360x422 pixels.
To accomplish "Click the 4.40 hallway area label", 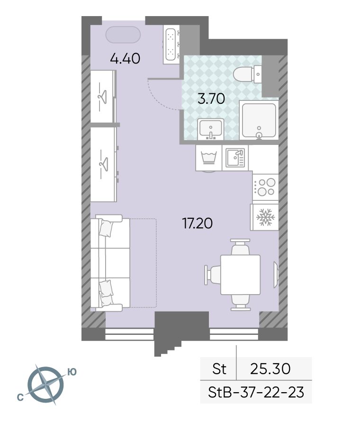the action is pos(125,58).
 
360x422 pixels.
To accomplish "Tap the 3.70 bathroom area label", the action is pos(211,99).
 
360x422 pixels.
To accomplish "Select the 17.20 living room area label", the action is pos(198,223).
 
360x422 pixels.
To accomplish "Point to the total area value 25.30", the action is pos(270,368).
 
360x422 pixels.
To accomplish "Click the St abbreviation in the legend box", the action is pos(219,368).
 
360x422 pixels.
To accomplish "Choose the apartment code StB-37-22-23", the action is pos(256,392).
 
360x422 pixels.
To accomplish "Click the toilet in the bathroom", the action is pos(247,74).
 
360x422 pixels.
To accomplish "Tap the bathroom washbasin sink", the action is pos(211,129).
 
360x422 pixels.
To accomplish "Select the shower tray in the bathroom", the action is pos(259,120).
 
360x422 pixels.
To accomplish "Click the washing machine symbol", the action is pos(209,158).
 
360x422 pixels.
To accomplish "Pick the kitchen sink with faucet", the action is pos(235,158).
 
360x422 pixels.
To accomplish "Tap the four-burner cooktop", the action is pos(265,187).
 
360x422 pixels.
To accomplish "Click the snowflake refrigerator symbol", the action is pos(265,217).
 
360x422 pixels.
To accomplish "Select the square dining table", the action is pos(241,275).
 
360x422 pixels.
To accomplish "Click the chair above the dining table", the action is pos(241,247).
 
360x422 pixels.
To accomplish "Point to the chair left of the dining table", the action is pos(213,275).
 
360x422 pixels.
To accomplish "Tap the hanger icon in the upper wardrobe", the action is pos(102,96).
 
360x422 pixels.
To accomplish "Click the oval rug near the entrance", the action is pos(123,35).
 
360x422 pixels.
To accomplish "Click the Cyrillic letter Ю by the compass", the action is pos(72,372).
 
